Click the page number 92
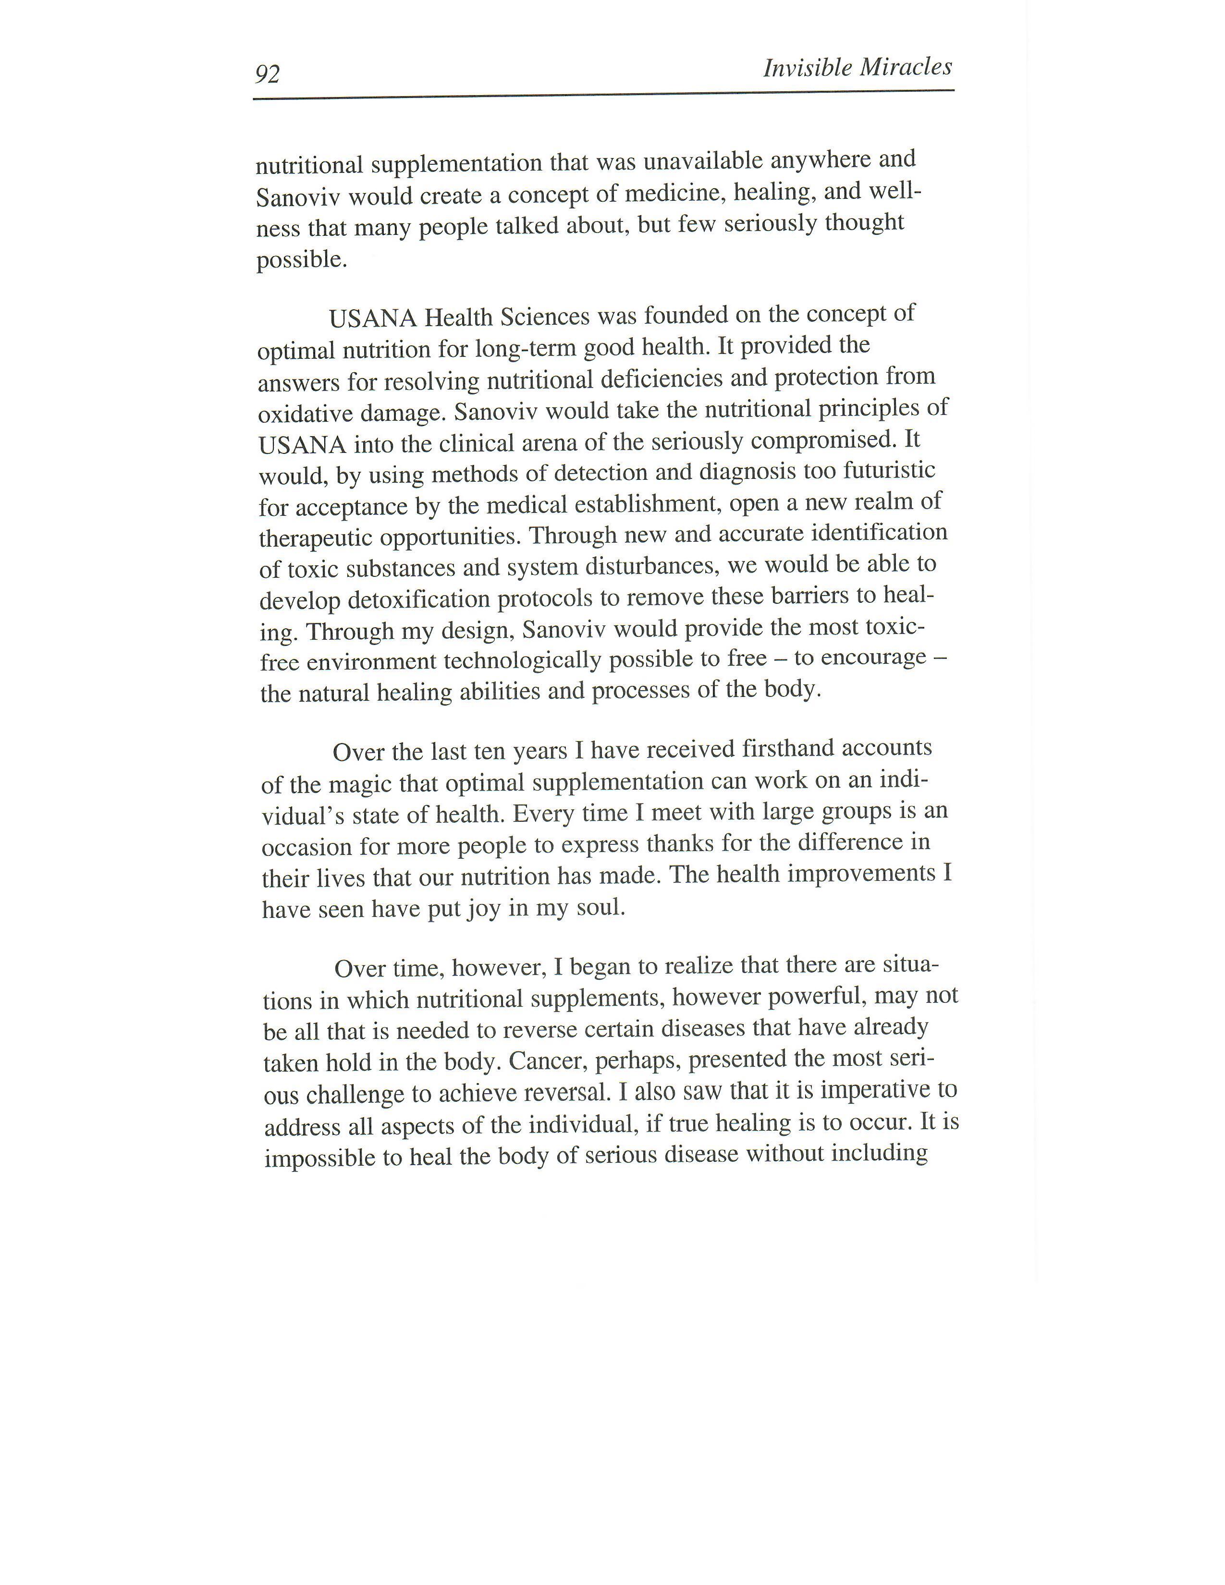pos(268,74)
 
